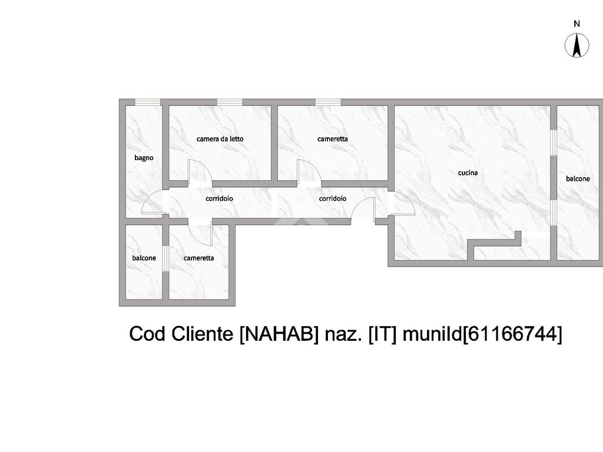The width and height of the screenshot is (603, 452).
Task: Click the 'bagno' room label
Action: pyautogui.click(x=144, y=158)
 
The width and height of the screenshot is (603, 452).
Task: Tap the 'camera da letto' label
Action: pyautogui.click(x=220, y=139)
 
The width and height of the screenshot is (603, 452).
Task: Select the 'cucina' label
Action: pyautogui.click(x=468, y=173)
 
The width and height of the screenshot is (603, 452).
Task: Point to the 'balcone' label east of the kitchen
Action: pyautogui.click(x=578, y=178)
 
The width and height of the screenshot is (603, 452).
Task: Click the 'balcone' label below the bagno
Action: pyautogui.click(x=144, y=258)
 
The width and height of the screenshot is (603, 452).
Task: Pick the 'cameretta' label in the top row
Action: pyautogui.click(x=332, y=139)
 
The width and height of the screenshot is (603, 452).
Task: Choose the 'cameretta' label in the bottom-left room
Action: pyautogui.click(x=198, y=258)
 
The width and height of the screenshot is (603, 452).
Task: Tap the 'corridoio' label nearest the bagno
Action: pyautogui.click(x=219, y=198)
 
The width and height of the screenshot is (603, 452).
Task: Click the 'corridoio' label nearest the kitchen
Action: pyautogui.click(x=333, y=198)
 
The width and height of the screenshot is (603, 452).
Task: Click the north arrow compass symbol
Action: pyautogui.click(x=577, y=46)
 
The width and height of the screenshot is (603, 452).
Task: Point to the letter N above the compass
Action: pyautogui.click(x=577, y=24)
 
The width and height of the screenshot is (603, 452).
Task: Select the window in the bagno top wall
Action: pyautogui.click(x=147, y=102)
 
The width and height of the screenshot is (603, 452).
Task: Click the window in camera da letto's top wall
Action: pyautogui.click(x=230, y=102)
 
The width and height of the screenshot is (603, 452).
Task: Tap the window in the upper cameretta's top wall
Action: pyautogui.click(x=327, y=102)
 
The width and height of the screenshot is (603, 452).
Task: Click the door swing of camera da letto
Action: pyautogui.click(x=199, y=172)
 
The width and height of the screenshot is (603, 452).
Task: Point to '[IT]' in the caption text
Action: pyautogui.click(x=383, y=334)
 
